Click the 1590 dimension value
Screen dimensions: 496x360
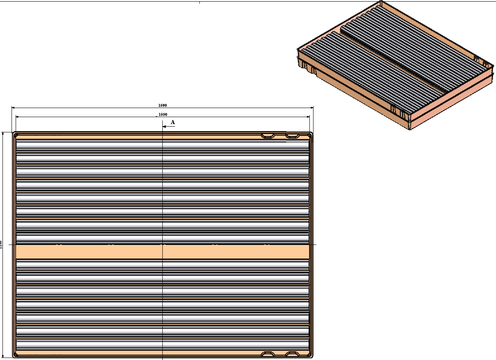click(163, 106)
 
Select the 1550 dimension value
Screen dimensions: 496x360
click(163, 114)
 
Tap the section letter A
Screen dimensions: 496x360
click(173, 122)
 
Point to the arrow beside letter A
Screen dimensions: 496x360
click(169, 127)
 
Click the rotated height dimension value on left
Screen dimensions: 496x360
click(1, 244)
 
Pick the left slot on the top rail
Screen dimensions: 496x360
click(268, 136)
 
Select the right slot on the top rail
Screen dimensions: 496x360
click(293, 135)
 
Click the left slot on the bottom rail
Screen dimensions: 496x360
click(268, 354)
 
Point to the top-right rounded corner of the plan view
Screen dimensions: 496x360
click(311, 134)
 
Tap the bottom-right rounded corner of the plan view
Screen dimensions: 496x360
click(311, 355)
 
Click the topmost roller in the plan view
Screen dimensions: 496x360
click(163, 144)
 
